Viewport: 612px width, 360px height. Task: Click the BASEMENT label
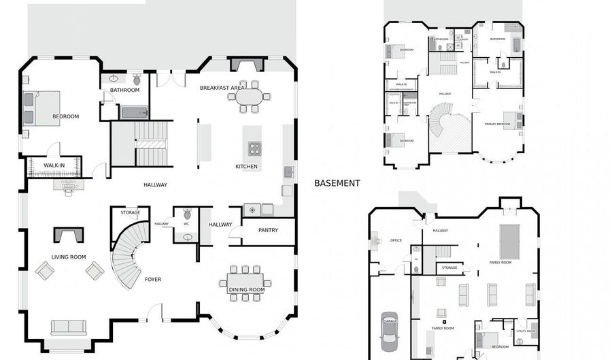coord(337,183)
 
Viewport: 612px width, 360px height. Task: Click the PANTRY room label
coord(268,230)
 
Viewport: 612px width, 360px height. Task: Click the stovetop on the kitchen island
coord(254,148)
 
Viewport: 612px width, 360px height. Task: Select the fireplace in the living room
coord(69,235)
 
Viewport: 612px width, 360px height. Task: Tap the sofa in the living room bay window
coord(69,327)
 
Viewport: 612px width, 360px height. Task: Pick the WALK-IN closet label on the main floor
coord(54,165)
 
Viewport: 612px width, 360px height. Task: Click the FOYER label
coord(153,279)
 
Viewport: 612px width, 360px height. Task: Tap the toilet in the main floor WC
coord(187,215)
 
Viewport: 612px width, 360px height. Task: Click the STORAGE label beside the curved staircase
coord(130,212)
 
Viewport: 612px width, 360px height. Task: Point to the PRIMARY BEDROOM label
coord(497,125)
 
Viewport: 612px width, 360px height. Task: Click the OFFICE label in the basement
coord(396,240)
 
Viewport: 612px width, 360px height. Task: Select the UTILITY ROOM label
coord(526,331)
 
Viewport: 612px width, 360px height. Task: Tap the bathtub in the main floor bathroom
coord(134,112)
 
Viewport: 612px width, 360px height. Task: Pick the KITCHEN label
coord(246,166)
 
